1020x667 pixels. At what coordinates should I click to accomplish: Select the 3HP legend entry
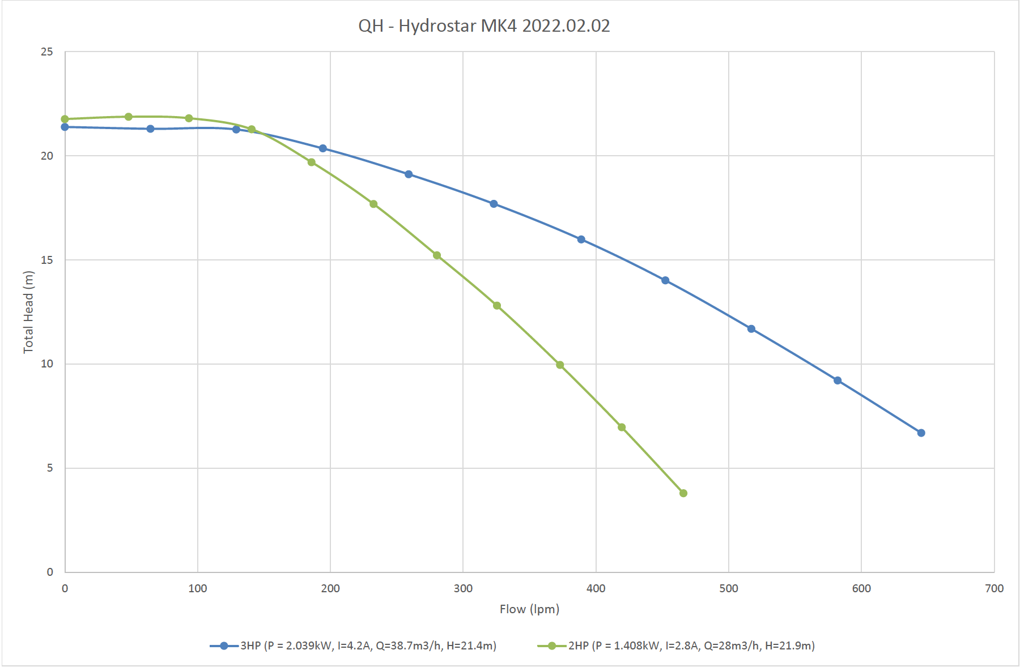coord(353,645)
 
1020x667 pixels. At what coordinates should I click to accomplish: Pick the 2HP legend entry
coord(676,645)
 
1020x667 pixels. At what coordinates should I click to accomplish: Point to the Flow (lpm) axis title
coord(529,609)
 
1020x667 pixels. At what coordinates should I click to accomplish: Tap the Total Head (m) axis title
coord(28,312)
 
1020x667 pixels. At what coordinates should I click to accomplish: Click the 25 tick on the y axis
coord(47,52)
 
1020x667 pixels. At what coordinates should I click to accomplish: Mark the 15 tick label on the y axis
coord(47,260)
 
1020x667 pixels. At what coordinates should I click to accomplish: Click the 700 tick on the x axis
coord(994,588)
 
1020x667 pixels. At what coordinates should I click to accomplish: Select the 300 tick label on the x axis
coord(463,588)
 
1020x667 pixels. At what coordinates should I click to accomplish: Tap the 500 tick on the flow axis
coord(729,588)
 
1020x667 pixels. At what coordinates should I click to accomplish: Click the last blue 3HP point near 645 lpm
coord(921,433)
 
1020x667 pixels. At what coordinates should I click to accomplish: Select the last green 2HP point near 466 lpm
coord(683,493)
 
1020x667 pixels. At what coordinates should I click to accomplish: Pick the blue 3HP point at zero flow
coord(65,127)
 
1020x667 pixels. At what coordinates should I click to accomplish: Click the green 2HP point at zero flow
coord(65,119)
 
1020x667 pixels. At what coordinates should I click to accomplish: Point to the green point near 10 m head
coord(560,365)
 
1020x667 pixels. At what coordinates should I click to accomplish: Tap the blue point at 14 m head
coord(665,280)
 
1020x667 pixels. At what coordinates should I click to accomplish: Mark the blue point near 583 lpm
coord(838,380)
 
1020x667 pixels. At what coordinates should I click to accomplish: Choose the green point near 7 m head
coord(622,427)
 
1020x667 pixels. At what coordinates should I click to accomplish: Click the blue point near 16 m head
coord(581,240)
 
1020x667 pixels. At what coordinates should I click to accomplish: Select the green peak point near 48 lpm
coord(129,117)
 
